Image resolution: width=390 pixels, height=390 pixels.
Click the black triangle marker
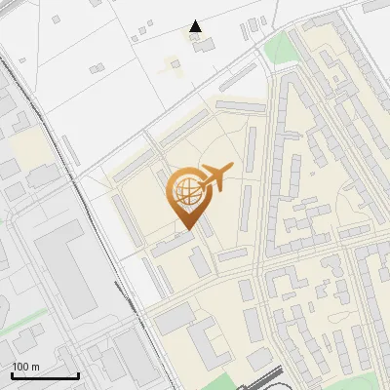(195, 26)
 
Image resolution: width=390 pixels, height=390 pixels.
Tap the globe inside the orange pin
(185, 192)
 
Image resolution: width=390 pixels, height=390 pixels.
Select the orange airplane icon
(215, 179)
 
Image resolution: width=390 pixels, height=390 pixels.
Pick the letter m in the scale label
(35, 367)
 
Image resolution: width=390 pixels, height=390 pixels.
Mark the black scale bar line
(45, 375)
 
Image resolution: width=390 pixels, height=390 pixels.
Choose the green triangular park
(278, 47)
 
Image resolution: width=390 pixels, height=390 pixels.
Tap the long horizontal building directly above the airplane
(239, 105)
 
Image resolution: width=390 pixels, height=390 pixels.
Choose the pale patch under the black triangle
(175, 65)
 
